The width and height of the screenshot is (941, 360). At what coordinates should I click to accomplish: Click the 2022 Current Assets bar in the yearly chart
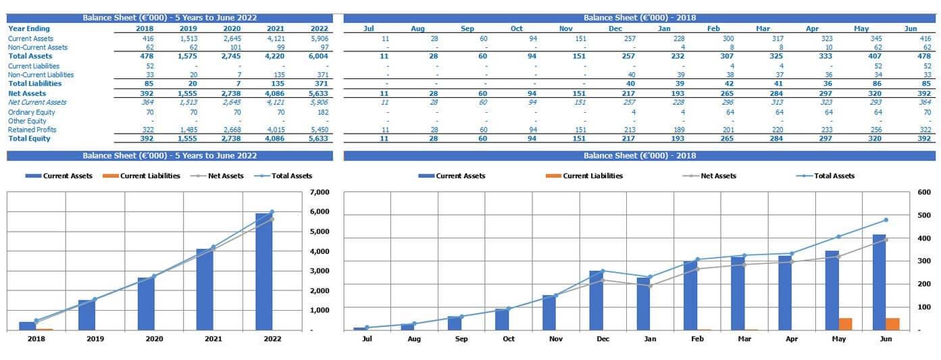(x=263, y=272)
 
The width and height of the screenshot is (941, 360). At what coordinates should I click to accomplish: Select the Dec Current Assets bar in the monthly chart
(x=596, y=301)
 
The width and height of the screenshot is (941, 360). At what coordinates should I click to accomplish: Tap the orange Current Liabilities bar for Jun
(x=892, y=324)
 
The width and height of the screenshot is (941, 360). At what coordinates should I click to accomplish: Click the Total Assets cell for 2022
(x=319, y=57)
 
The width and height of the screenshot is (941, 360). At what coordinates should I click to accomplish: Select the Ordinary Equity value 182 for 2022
(x=320, y=112)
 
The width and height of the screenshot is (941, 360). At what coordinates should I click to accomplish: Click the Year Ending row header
(x=28, y=29)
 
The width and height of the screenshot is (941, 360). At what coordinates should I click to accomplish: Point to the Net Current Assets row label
(x=37, y=103)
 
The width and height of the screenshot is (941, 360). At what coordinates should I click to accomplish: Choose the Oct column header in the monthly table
(x=516, y=29)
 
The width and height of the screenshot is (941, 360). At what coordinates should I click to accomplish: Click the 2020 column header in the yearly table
(x=232, y=29)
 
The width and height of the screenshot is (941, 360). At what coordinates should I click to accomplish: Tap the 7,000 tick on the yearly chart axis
(x=320, y=192)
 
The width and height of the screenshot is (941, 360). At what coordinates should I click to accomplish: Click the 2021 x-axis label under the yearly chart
(x=213, y=339)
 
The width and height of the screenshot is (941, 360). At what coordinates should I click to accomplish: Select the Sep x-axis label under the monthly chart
(x=461, y=339)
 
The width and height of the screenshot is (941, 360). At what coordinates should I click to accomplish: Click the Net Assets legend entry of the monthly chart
(x=718, y=176)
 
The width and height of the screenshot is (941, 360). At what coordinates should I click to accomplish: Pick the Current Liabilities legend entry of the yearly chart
(x=150, y=176)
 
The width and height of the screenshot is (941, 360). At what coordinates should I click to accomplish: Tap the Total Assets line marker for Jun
(x=886, y=220)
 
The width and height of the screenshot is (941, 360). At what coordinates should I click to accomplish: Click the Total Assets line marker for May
(x=838, y=236)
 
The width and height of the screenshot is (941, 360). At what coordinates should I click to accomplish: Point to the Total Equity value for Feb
(x=713, y=138)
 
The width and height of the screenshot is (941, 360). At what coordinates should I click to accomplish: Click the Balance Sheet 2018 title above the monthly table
(x=639, y=18)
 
